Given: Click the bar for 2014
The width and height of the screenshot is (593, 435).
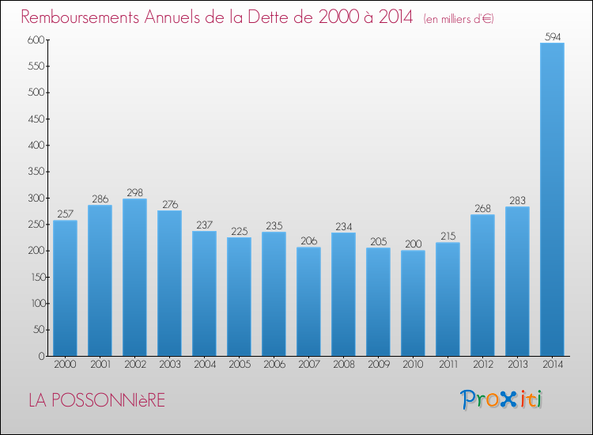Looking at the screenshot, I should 552,199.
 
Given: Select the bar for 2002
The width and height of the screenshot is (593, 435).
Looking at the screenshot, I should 134,277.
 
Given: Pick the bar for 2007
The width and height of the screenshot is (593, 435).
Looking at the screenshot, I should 308,301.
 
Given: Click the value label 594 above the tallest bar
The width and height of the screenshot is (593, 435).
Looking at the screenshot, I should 552,36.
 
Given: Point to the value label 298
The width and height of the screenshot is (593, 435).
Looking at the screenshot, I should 134,192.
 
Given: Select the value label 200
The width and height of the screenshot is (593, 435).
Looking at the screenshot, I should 413,244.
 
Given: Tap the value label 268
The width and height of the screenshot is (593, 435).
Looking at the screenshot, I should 482,208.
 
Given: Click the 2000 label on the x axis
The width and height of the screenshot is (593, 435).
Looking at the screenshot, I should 65,365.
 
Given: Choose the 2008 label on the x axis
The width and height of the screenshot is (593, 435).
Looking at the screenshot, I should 343,365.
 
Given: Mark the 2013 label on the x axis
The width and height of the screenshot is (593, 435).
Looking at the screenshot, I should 517,365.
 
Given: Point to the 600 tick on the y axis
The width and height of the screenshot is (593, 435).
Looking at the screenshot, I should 34,40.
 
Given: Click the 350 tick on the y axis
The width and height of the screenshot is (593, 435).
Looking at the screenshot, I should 34,172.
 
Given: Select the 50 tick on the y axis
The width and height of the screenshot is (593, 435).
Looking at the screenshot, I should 37,330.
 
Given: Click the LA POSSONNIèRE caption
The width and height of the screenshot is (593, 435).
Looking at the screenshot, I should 96,400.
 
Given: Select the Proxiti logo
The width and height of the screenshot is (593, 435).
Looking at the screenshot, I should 501,399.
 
